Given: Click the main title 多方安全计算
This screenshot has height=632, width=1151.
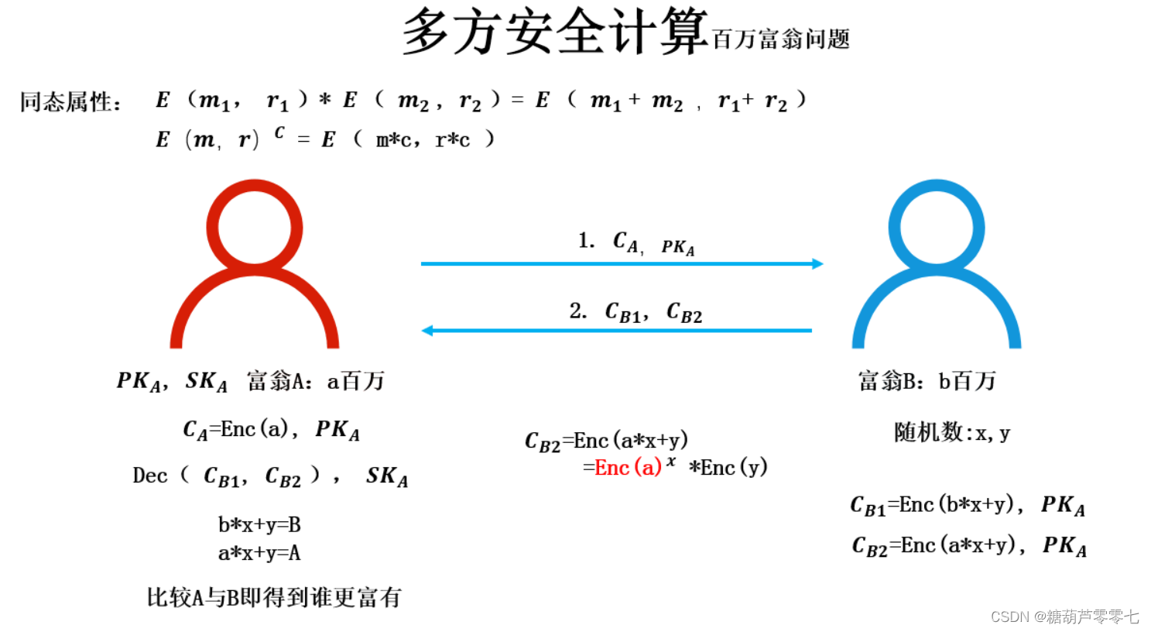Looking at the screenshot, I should click(555, 32).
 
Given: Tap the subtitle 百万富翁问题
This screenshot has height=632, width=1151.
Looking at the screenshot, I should click(780, 39).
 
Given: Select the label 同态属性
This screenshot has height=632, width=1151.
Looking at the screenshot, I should click(70, 101).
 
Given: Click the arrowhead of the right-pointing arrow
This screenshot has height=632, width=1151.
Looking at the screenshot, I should click(817, 264).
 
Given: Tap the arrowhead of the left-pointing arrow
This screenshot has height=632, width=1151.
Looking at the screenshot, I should click(427, 331).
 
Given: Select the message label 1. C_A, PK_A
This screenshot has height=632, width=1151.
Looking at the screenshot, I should click(636, 243).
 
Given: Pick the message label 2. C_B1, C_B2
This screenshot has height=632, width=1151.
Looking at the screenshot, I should click(635, 312).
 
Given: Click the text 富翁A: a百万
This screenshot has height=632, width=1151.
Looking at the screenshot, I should click(316, 381).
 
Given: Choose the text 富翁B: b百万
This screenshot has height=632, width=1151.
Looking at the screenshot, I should click(927, 381).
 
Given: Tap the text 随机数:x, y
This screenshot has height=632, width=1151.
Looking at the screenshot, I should click(951, 432).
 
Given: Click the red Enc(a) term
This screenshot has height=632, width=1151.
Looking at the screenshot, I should click(628, 468).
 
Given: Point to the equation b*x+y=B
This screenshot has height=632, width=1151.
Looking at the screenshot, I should click(259, 525).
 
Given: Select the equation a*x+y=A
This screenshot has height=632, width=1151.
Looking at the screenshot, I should click(259, 553).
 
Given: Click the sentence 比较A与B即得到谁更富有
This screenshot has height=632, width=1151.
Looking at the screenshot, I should click(274, 597).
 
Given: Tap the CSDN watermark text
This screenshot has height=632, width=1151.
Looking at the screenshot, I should click(1064, 617).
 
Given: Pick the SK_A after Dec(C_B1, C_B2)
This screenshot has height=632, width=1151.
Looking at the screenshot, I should click(386, 476).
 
